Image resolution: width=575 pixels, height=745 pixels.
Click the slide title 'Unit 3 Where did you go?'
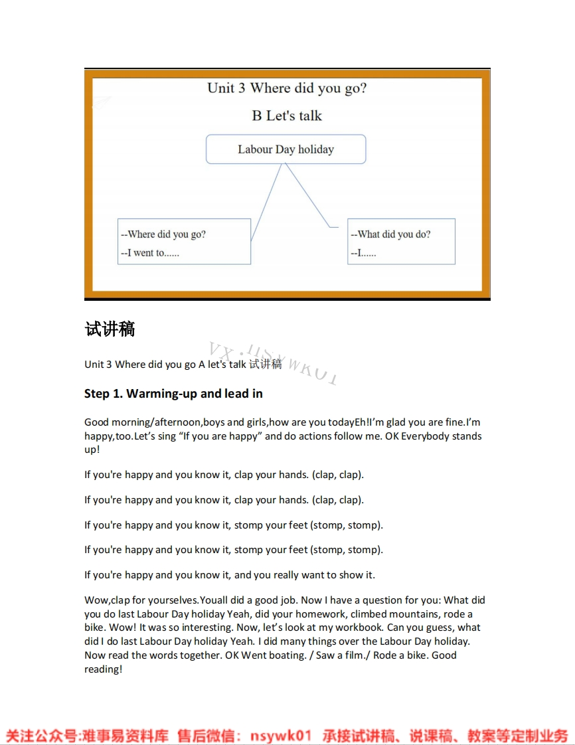point(287,88)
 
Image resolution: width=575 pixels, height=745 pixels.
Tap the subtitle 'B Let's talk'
point(287,116)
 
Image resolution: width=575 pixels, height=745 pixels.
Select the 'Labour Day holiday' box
point(286,149)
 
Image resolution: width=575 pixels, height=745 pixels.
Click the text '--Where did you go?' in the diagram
point(163,234)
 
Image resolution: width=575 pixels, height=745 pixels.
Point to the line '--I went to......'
point(150,253)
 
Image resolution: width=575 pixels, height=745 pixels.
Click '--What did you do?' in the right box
point(390,234)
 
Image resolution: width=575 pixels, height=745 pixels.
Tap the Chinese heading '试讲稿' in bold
point(110,329)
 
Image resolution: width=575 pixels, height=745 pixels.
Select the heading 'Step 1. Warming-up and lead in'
point(173,394)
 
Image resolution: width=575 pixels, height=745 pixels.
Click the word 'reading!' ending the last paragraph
point(103,669)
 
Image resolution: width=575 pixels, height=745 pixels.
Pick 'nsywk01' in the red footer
point(281,736)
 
